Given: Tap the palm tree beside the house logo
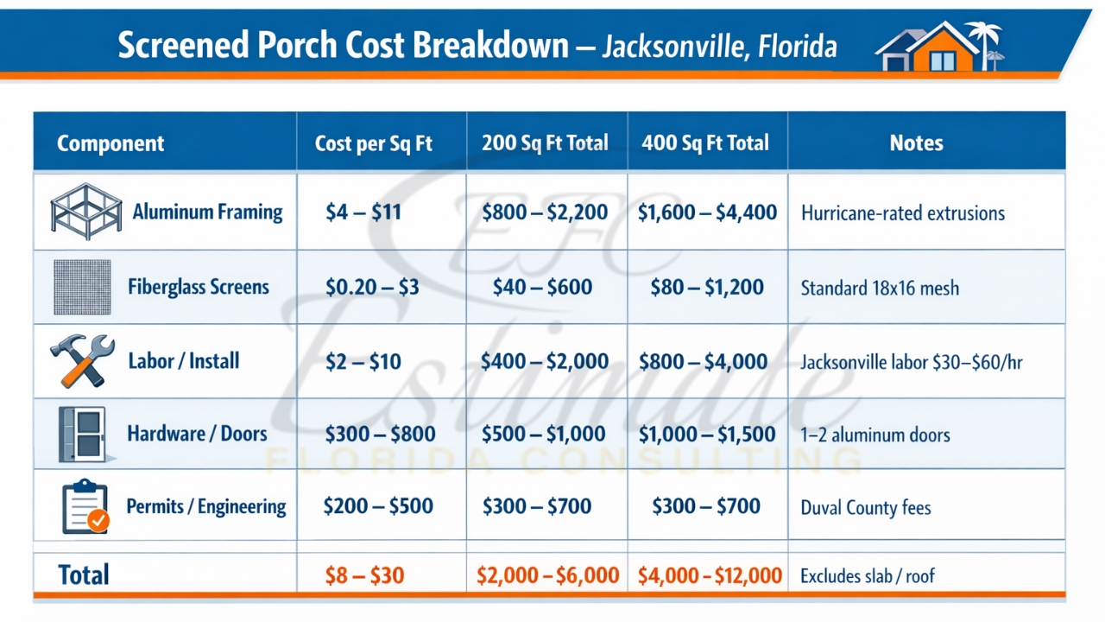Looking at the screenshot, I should (x=984, y=43).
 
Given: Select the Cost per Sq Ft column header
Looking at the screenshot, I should (x=373, y=143).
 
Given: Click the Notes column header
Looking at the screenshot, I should (x=916, y=143).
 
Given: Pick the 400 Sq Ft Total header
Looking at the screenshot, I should (x=705, y=143).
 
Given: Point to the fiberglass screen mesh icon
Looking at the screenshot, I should (x=82, y=287).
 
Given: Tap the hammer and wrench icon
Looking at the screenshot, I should (x=82, y=361).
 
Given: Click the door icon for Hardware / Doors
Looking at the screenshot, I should (x=82, y=434).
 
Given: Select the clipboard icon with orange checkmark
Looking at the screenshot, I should (x=85, y=507).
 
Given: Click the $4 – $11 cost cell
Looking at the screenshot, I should (x=363, y=212).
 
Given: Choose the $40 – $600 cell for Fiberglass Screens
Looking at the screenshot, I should (x=542, y=287).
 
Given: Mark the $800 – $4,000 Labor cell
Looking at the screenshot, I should (x=703, y=361).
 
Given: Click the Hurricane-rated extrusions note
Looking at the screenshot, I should (x=902, y=213).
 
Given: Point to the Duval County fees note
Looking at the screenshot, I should (x=865, y=507).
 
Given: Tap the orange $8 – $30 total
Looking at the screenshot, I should (x=364, y=575).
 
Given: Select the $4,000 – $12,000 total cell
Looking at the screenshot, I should (x=710, y=575).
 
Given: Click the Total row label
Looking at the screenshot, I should (x=84, y=575).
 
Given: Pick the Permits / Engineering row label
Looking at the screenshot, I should (x=206, y=506).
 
